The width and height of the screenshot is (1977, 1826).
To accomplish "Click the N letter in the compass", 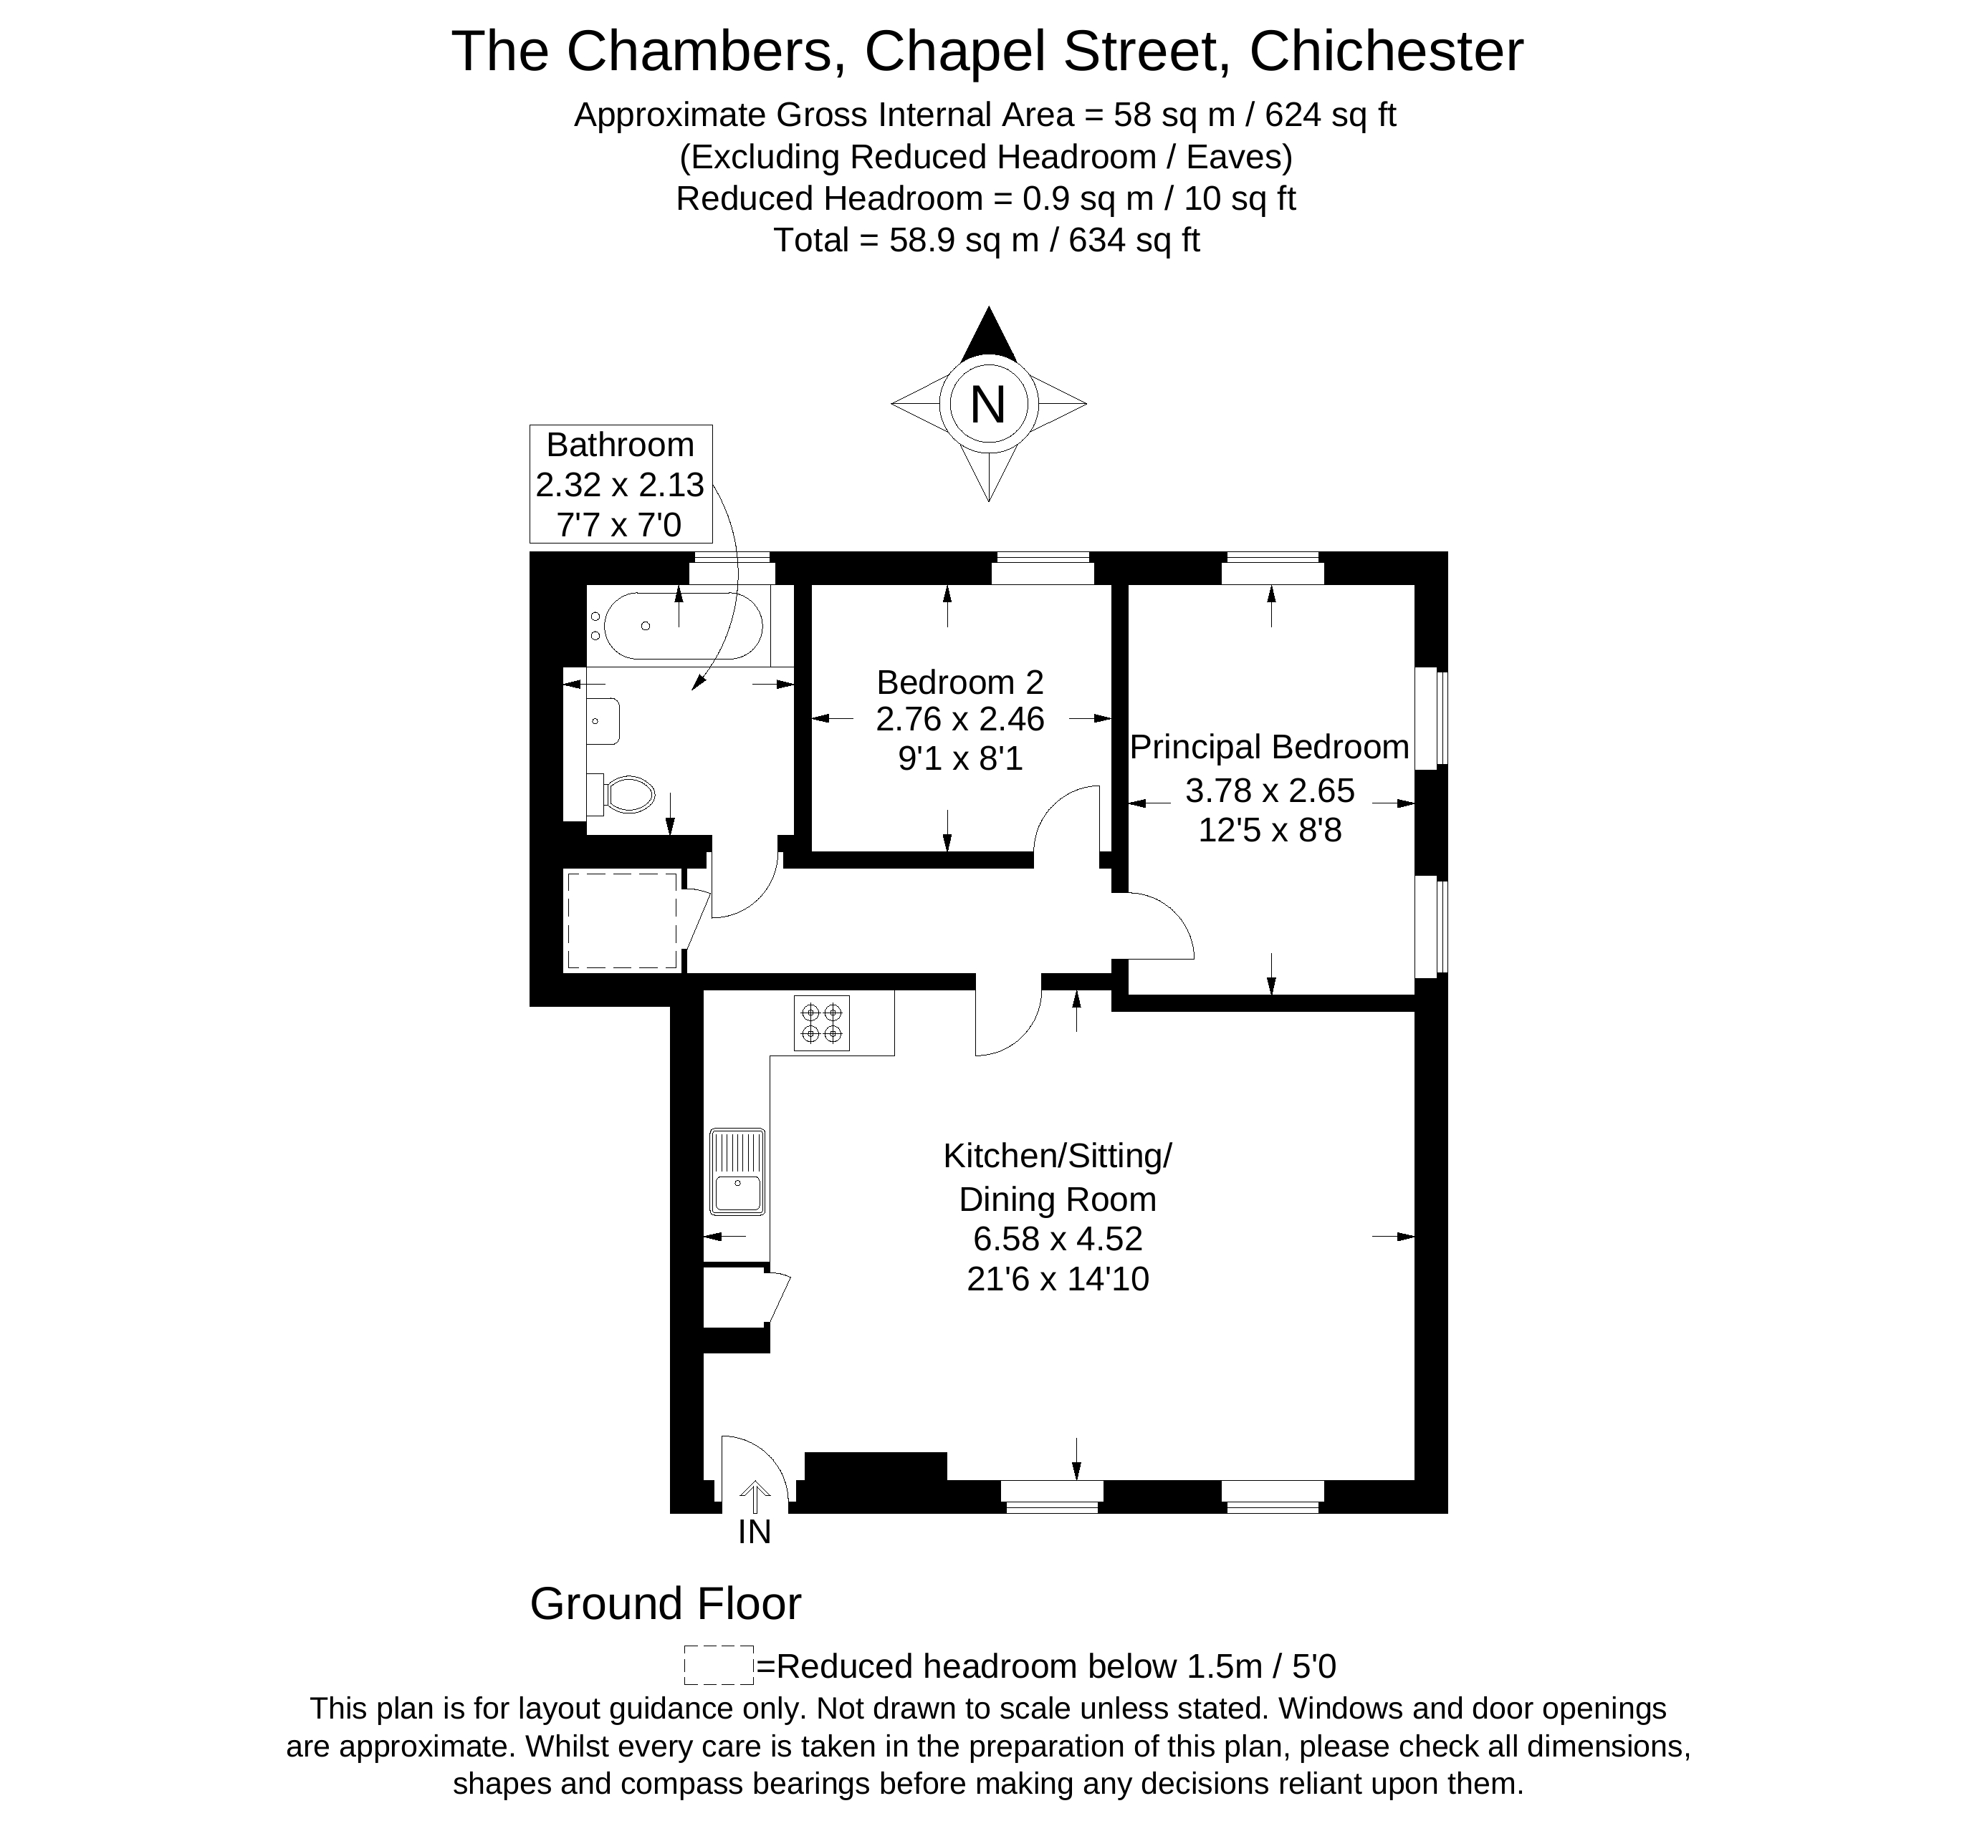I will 987,404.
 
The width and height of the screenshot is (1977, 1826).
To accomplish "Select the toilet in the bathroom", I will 623,793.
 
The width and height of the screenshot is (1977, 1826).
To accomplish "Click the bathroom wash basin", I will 603,721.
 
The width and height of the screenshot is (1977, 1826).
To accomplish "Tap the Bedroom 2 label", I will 959,682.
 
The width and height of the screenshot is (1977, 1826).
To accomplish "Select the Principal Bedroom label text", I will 1269,747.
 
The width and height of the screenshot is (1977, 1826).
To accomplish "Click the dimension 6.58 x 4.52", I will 1058,1238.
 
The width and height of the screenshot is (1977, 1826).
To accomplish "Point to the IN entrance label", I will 755,1532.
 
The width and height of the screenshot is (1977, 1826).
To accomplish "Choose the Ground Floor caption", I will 665,1604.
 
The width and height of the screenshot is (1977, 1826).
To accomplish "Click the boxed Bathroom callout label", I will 620,484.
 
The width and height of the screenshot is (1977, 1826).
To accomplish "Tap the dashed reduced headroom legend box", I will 719,1665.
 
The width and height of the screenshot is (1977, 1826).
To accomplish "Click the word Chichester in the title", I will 1386,52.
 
